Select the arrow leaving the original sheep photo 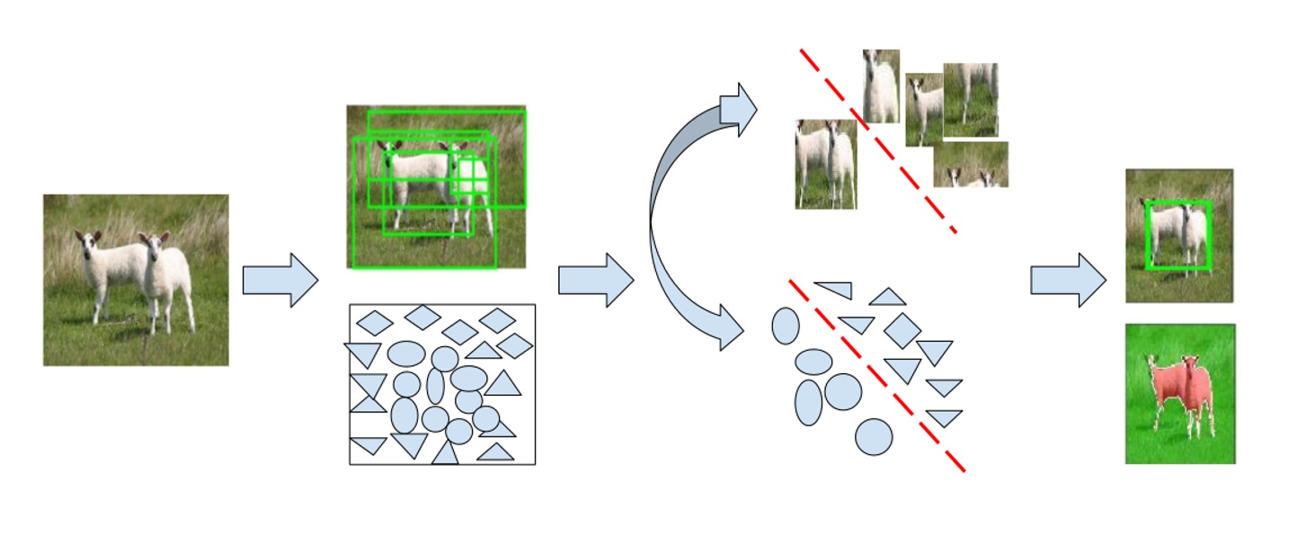pos(280,280)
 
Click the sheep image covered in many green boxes pos(436,186)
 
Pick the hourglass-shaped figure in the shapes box pos(369,393)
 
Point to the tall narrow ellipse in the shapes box pos(435,386)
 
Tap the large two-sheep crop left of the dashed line pos(825,165)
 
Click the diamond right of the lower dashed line pos(902,330)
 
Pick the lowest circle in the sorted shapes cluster pos(874,436)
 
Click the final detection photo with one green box pos(1178,236)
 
